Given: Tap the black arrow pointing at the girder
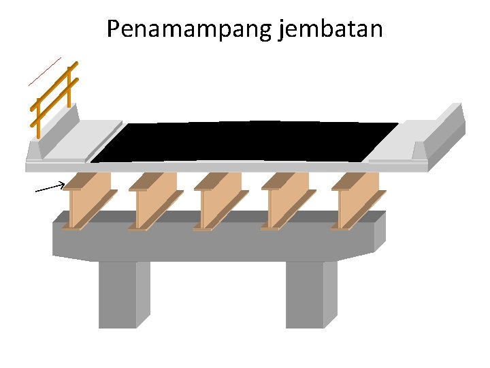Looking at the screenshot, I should click(50, 187).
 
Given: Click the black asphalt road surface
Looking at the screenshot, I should click(245, 142).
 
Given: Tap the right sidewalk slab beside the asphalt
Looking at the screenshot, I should click(395, 147).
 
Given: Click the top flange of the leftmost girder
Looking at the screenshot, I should click(87, 181).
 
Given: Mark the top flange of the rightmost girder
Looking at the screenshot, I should click(355, 181).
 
